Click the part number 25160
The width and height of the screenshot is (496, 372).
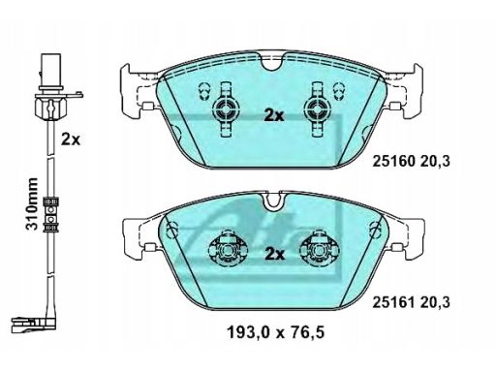pos(393,162)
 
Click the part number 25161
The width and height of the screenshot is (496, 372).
pos(393,302)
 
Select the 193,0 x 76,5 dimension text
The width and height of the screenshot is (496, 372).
pos(276,332)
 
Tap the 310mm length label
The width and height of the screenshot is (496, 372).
pos(32,203)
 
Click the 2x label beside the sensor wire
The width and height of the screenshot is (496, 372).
pos(71,139)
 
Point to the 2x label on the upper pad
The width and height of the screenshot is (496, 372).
pos(274,115)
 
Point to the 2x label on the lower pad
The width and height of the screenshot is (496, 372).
pos(275,255)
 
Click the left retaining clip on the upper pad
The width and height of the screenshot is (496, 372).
pos(226,109)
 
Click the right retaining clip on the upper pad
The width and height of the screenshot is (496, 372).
pos(318,109)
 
